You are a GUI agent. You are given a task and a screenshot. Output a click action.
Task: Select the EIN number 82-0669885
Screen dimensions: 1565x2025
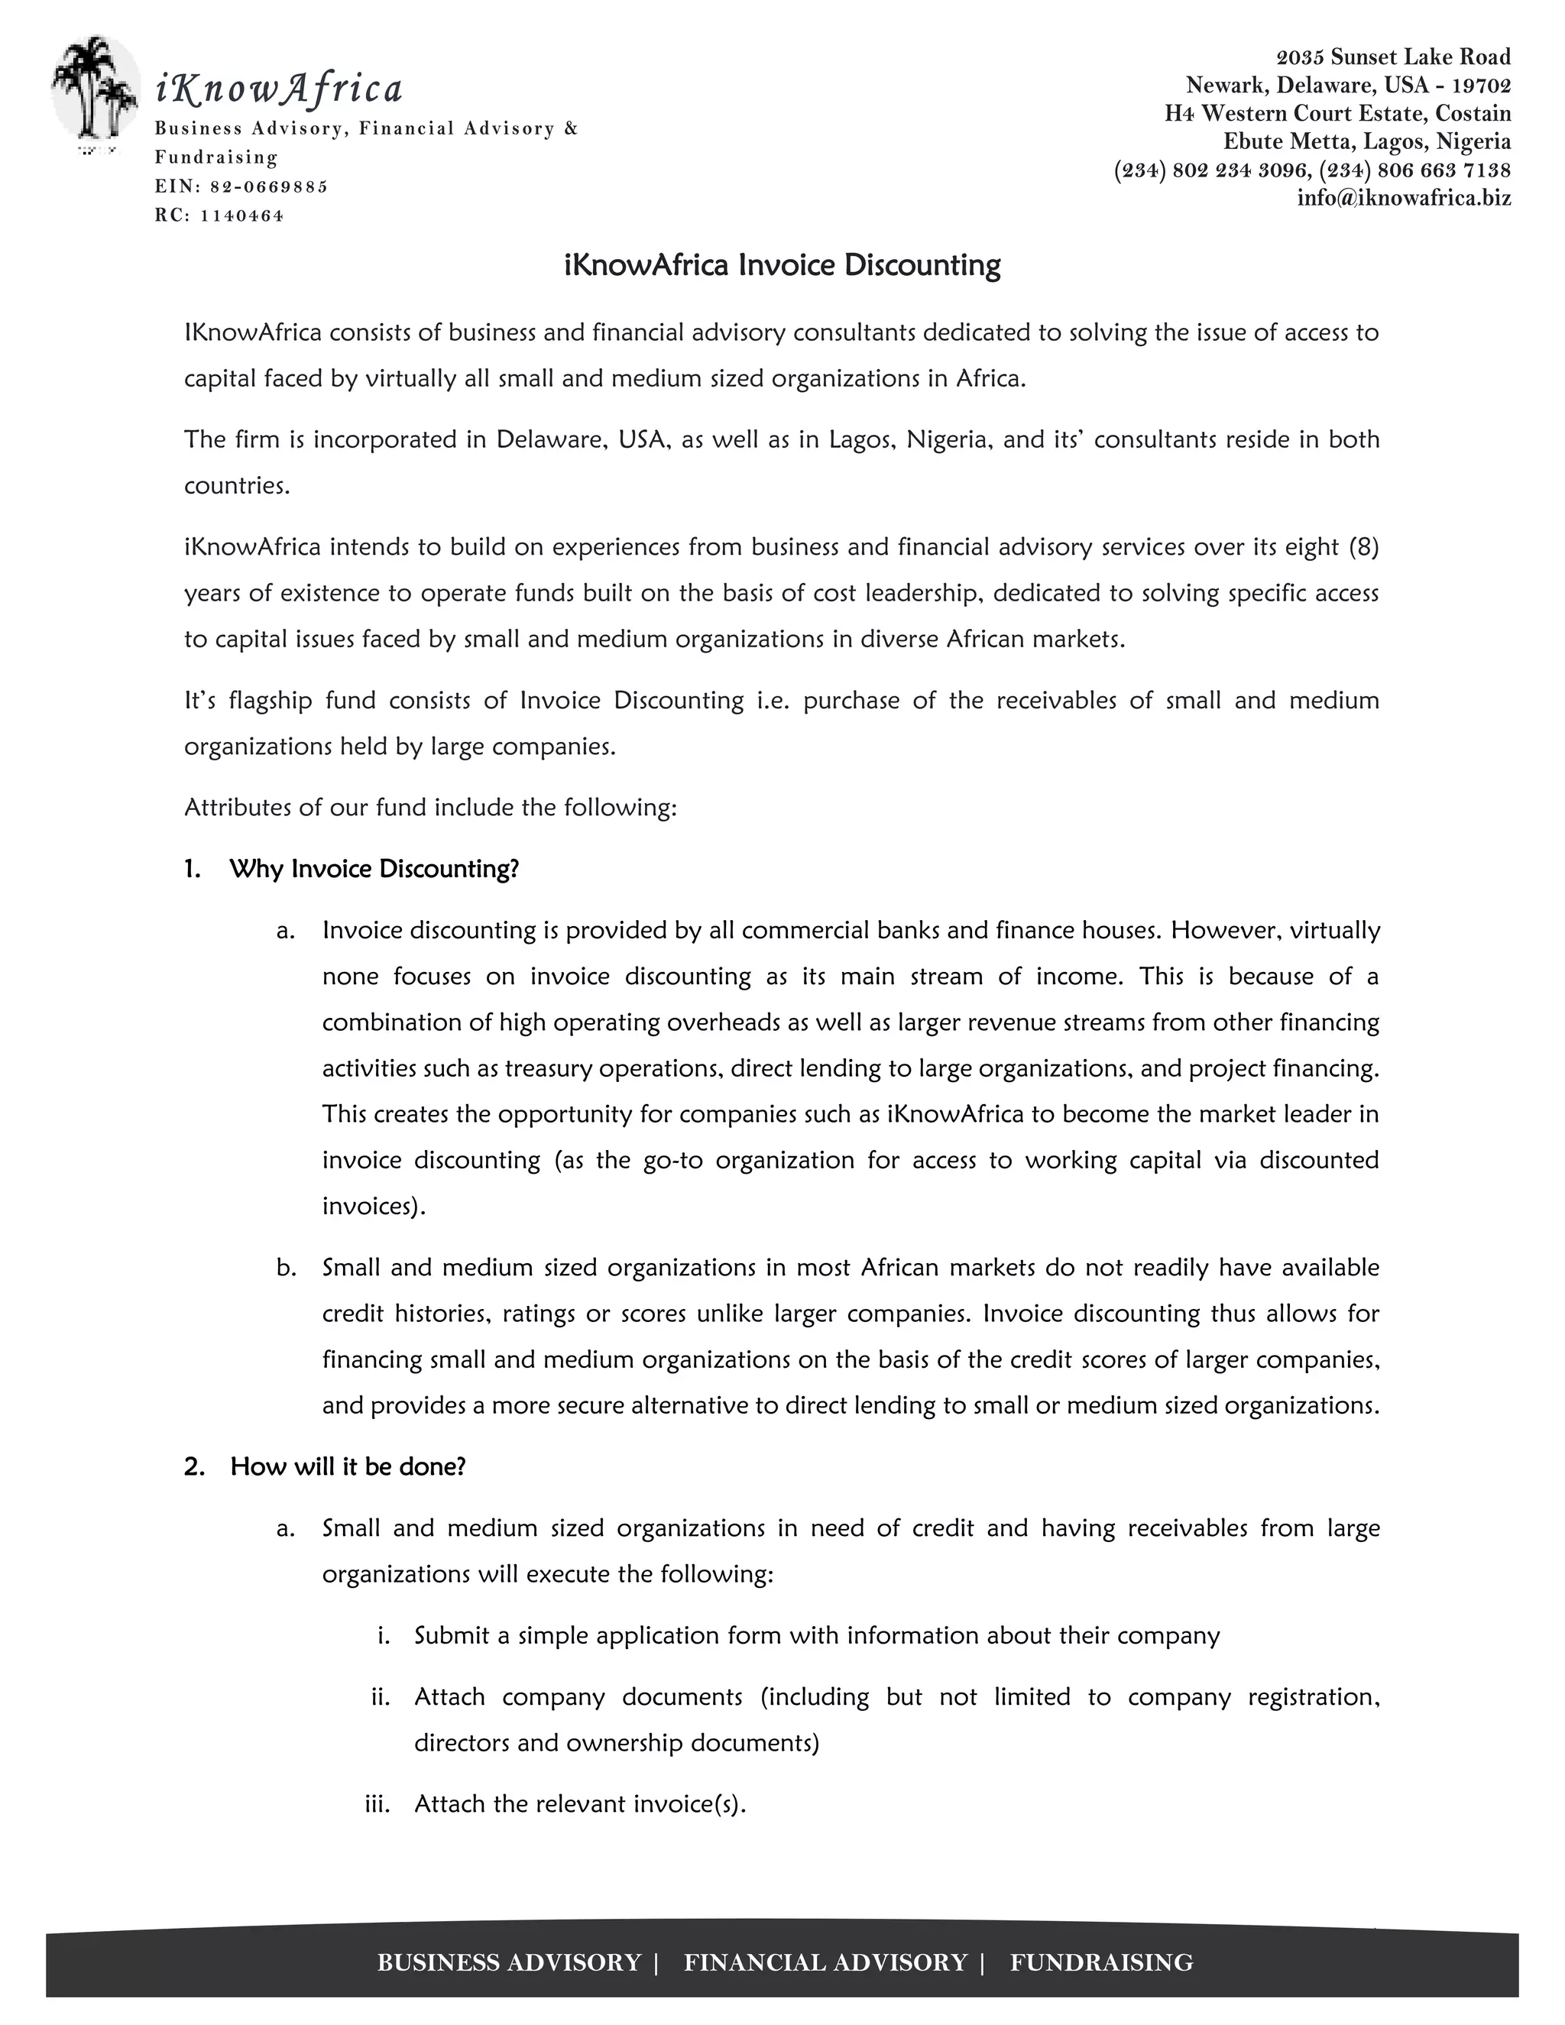point(269,186)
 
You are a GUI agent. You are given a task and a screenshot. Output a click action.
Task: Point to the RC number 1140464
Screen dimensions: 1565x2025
point(242,216)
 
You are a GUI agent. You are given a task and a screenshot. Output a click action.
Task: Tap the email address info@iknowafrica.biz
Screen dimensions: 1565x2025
point(1404,197)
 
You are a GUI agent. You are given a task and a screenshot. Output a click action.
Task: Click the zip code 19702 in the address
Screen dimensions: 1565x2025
point(1482,86)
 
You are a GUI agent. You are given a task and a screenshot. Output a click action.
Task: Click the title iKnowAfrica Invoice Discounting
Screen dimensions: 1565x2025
point(782,265)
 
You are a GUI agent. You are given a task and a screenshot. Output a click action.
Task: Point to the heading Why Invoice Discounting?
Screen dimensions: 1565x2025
point(374,869)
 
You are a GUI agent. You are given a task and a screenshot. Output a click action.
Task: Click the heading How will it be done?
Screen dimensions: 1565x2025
point(348,1467)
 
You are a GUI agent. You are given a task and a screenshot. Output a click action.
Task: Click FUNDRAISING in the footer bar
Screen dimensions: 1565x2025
point(1100,1963)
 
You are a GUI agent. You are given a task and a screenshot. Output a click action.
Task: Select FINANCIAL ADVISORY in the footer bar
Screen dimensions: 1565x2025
point(825,1963)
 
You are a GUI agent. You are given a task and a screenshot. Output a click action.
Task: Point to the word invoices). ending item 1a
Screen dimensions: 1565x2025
point(374,1207)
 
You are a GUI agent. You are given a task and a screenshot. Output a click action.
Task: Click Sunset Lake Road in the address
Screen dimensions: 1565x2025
point(1420,57)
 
